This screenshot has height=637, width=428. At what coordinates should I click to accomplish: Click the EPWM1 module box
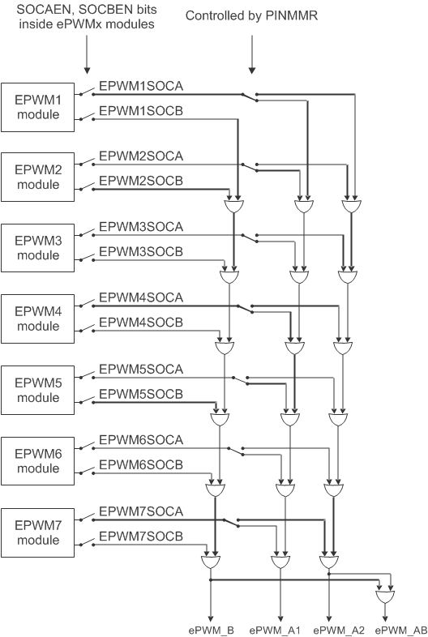pos(39,106)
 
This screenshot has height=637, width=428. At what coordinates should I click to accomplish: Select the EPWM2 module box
pos(39,177)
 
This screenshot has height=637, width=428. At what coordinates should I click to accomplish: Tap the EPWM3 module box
pos(39,248)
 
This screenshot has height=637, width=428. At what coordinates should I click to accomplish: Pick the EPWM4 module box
pos(39,318)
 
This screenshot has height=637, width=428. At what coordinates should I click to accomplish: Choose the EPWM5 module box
pos(39,390)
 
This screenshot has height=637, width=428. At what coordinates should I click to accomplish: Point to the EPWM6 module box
pos(39,460)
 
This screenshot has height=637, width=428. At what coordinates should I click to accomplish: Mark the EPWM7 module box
pos(39,532)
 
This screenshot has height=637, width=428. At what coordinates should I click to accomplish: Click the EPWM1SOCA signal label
pos(141,84)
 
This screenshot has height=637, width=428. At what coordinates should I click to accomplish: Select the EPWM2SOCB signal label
pos(141,180)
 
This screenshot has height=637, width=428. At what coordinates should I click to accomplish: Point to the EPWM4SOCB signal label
pos(141,322)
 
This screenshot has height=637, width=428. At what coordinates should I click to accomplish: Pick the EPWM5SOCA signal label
pos(141,369)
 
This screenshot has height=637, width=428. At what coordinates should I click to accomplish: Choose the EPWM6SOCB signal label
pos(141,464)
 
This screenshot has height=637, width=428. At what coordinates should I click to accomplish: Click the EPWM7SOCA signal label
pos(141,511)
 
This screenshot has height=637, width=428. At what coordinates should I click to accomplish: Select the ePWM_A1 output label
pos(275,629)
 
